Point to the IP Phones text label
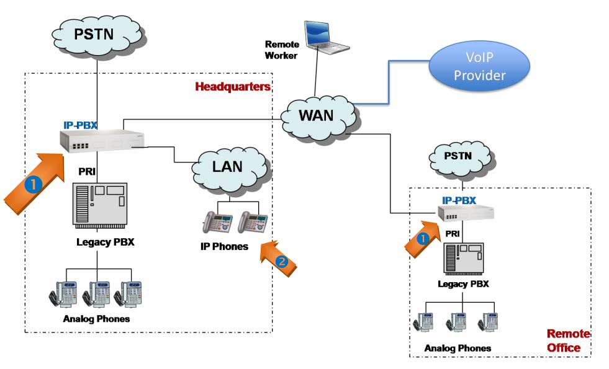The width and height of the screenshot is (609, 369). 224,247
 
